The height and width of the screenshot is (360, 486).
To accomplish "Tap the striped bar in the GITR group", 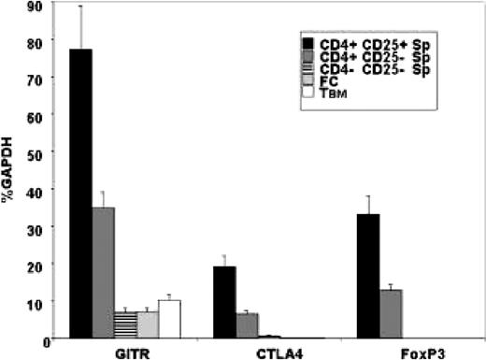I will click(125, 324).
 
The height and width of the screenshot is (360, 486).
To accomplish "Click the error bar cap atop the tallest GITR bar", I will click(80, 6).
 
